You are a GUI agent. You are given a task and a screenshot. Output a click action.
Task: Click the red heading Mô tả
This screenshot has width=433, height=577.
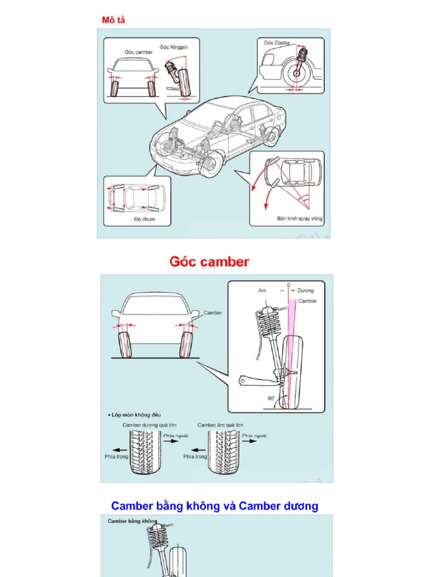pyautogui.click(x=113, y=20)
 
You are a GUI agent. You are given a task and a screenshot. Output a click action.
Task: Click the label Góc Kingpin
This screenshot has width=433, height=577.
pyautogui.click(x=174, y=47)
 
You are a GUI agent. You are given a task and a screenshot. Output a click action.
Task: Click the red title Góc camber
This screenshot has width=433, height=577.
pyautogui.click(x=209, y=261)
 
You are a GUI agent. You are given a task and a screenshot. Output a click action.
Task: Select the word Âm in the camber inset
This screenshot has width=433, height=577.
pyautogui.click(x=262, y=291)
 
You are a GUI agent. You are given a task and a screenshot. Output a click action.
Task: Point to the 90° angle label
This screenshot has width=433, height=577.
pyautogui.click(x=271, y=397)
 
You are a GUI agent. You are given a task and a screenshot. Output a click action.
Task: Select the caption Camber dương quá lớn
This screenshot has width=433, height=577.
pyautogui.click(x=146, y=425)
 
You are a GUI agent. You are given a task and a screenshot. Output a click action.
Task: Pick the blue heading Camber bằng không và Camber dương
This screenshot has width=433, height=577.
pyautogui.click(x=214, y=506)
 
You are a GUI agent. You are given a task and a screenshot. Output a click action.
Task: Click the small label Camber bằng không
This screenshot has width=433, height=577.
pyautogui.click(x=132, y=521)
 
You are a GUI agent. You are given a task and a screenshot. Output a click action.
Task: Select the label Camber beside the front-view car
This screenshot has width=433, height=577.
pyautogui.click(x=213, y=313)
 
